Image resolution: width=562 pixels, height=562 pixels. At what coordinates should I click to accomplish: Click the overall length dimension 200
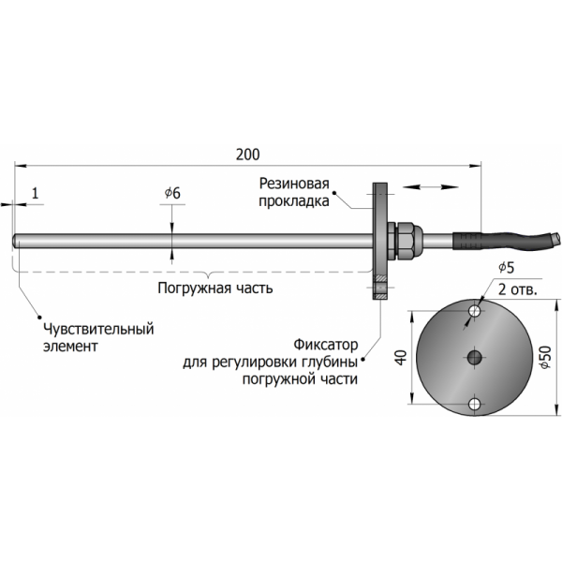(x=247, y=154)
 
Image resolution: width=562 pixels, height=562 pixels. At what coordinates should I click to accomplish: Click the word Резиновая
(x=295, y=185)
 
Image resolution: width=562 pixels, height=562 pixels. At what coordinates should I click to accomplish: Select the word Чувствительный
(x=98, y=329)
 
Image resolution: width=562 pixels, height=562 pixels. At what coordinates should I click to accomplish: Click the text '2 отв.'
(x=516, y=289)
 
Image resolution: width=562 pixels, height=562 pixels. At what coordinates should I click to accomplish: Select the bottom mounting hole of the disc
(x=475, y=403)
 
